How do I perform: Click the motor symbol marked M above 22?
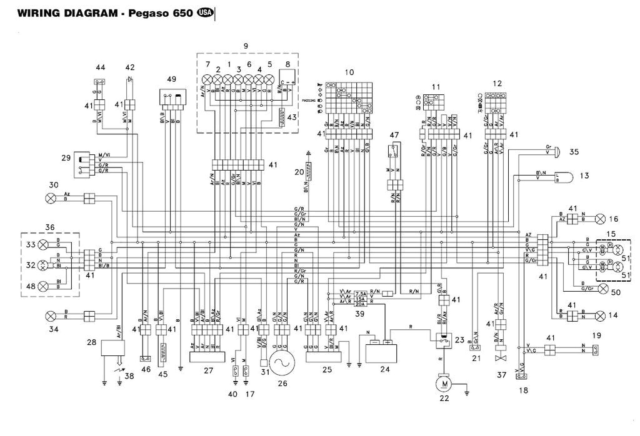pyautogui.click(x=444, y=382)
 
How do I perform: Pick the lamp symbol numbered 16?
pyautogui.click(x=600, y=219)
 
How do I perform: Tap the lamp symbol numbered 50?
pyautogui.click(x=603, y=289)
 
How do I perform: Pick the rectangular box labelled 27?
pyautogui.click(x=206, y=357)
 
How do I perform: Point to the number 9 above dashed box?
pyautogui.click(x=246, y=46)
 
